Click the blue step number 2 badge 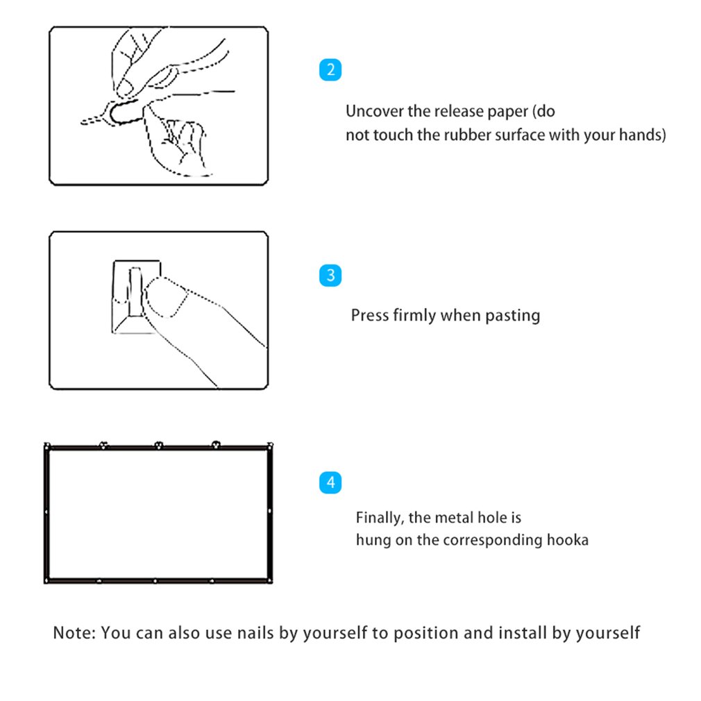tap(330, 69)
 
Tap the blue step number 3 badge tap(330, 275)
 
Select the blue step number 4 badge tap(330, 482)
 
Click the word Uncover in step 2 tap(375, 111)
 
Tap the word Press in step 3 tap(370, 315)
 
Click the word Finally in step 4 tap(380, 518)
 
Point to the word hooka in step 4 tap(568, 539)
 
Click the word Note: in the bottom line tap(75, 632)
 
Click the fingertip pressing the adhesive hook tap(165, 297)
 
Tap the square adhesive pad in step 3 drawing tap(136, 297)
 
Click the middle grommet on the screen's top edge tap(159, 446)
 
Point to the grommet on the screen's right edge tap(269, 511)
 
